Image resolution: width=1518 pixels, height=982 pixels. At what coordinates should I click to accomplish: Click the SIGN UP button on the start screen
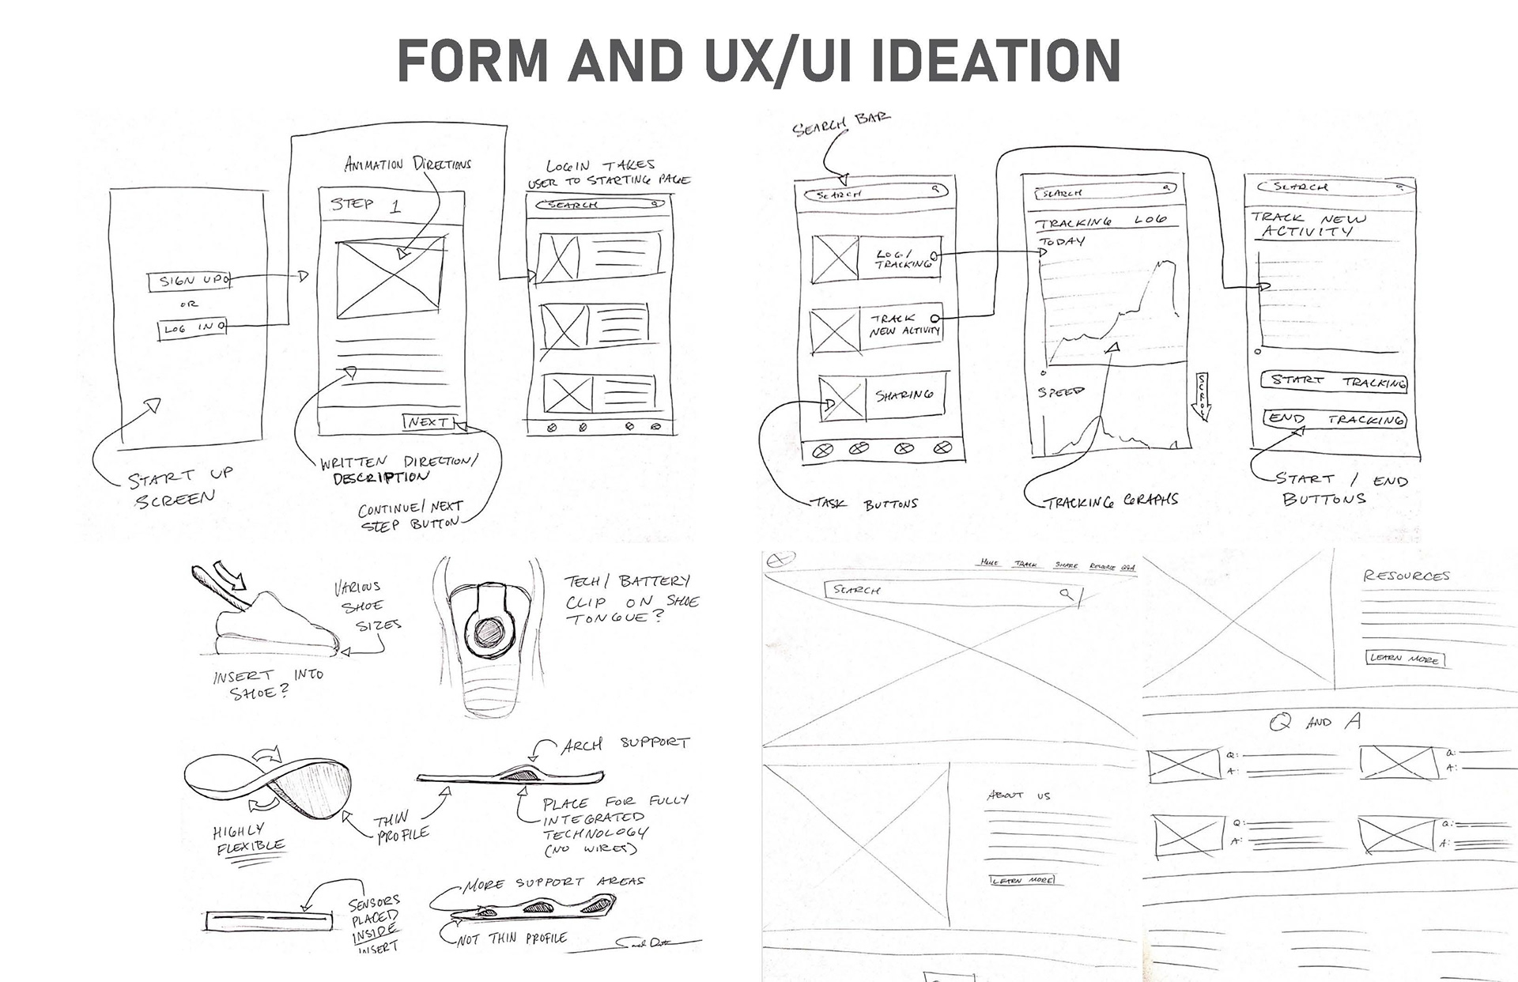[188, 281]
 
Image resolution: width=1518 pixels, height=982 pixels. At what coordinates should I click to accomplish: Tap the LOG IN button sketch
[191, 327]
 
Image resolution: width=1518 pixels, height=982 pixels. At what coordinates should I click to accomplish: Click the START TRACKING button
[1333, 381]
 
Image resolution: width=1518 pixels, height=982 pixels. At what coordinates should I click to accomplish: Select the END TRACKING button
[1333, 419]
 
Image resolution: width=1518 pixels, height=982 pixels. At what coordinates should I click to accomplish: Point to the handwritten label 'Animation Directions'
[407, 164]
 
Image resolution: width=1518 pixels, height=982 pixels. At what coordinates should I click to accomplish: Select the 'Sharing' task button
[903, 395]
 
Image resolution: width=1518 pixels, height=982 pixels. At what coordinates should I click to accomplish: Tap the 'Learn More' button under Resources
[1404, 659]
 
